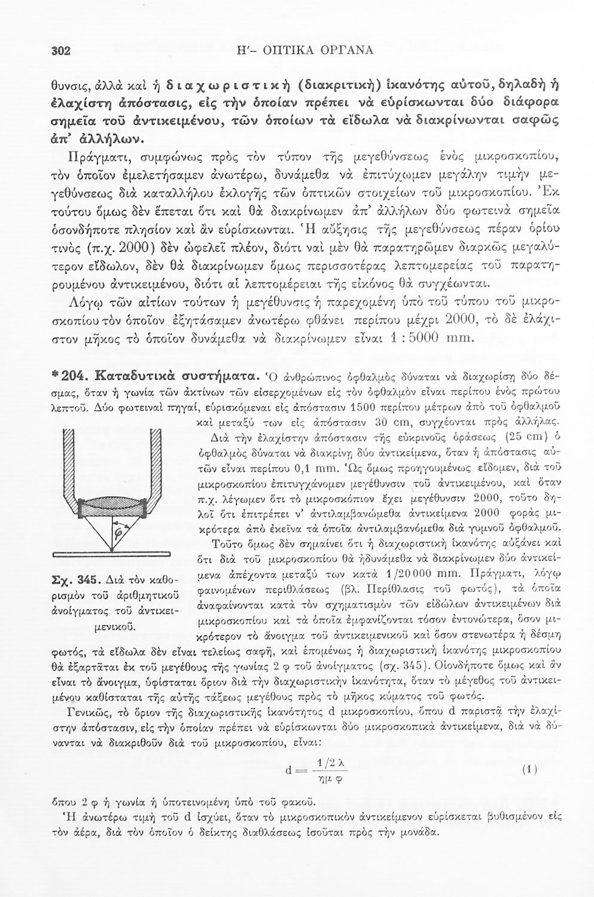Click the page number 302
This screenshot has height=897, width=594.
60,50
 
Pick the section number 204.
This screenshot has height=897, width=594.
74,377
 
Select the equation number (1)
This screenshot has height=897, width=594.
527,771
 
